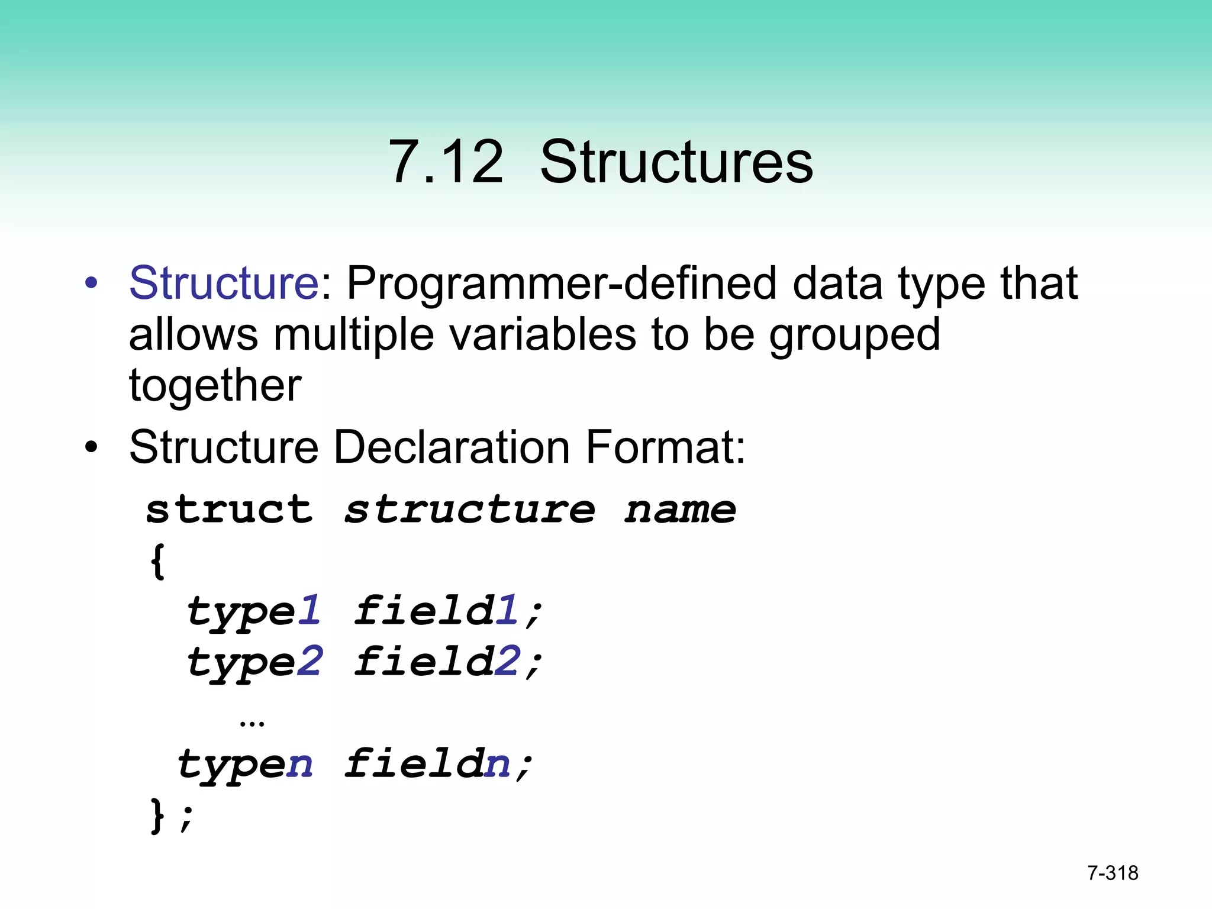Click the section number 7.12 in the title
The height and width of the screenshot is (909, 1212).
point(446,162)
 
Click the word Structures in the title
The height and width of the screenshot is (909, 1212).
point(676,162)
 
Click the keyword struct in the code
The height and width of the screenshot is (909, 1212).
point(229,510)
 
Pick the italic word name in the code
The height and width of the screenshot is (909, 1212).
point(681,510)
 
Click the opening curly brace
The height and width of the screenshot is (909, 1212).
point(157,560)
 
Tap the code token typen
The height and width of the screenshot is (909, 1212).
point(245,765)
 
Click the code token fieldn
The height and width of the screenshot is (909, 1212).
point(428,764)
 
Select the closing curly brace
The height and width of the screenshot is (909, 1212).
point(157,815)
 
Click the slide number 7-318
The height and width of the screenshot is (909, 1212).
point(1113,873)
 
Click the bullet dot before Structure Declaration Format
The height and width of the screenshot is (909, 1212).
point(91,447)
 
